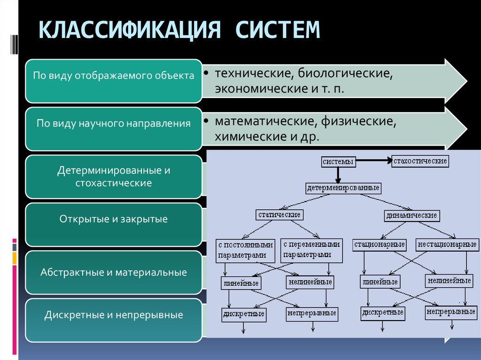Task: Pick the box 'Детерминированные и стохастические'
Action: tap(113, 176)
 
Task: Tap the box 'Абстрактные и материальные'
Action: tap(113, 272)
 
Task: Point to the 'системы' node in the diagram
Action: tap(337, 162)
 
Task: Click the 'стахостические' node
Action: tap(420, 161)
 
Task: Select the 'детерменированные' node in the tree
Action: tap(343, 188)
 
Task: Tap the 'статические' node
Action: tap(279, 214)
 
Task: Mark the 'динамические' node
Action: tap(412, 216)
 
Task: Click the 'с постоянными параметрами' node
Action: tap(245, 250)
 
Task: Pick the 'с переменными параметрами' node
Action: tap(311, 250)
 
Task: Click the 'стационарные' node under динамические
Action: tap(380, 245)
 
